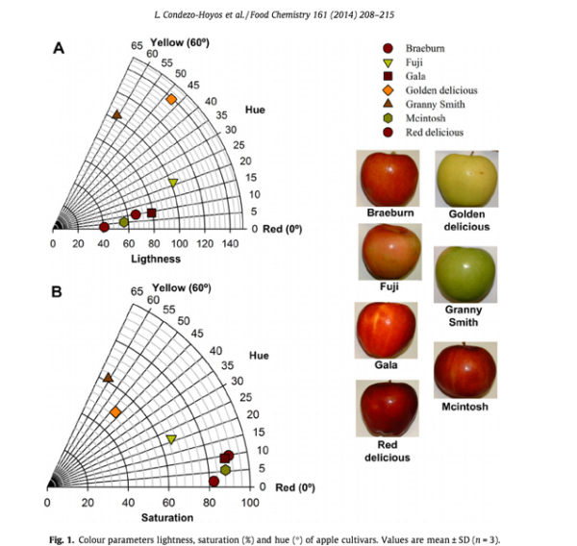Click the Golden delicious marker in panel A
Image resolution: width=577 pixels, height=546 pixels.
[x=171, y=100]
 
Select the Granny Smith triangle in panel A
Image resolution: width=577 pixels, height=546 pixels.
[x=116, y=115]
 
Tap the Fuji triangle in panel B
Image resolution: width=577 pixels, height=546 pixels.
[x=171, y=439]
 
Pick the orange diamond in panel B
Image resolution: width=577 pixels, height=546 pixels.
[x=115, y=412]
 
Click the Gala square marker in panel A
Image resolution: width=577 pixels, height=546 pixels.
[x=151, y=213]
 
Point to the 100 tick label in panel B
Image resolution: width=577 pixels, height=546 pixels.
[x=249, y=503]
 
